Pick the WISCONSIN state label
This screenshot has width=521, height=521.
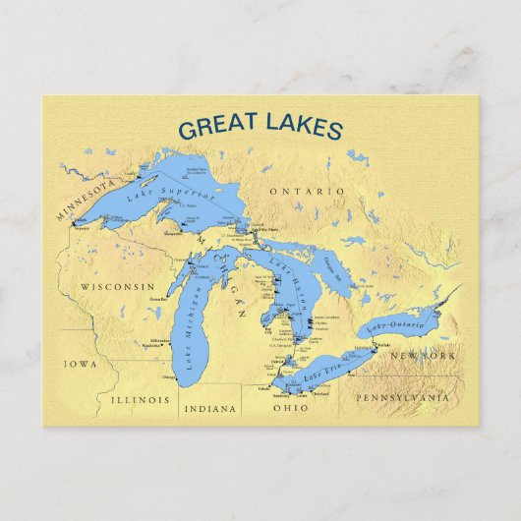117,287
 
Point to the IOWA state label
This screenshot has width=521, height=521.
81,364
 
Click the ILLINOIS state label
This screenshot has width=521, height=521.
141,400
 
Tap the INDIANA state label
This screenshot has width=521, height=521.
210,408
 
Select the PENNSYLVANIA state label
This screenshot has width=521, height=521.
403,398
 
